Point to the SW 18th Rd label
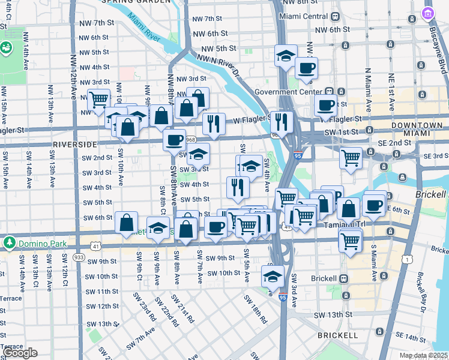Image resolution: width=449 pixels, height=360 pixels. [255, 308]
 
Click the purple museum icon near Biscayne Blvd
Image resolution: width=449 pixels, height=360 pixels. [428, 13]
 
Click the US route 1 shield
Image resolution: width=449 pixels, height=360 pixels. [408, 259]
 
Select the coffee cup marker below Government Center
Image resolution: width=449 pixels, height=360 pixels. [326, 106]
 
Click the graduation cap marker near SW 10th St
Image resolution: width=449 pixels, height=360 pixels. [273, 277]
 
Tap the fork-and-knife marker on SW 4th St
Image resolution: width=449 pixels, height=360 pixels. [238, 187]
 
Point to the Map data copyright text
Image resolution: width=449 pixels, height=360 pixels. [423, 355]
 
